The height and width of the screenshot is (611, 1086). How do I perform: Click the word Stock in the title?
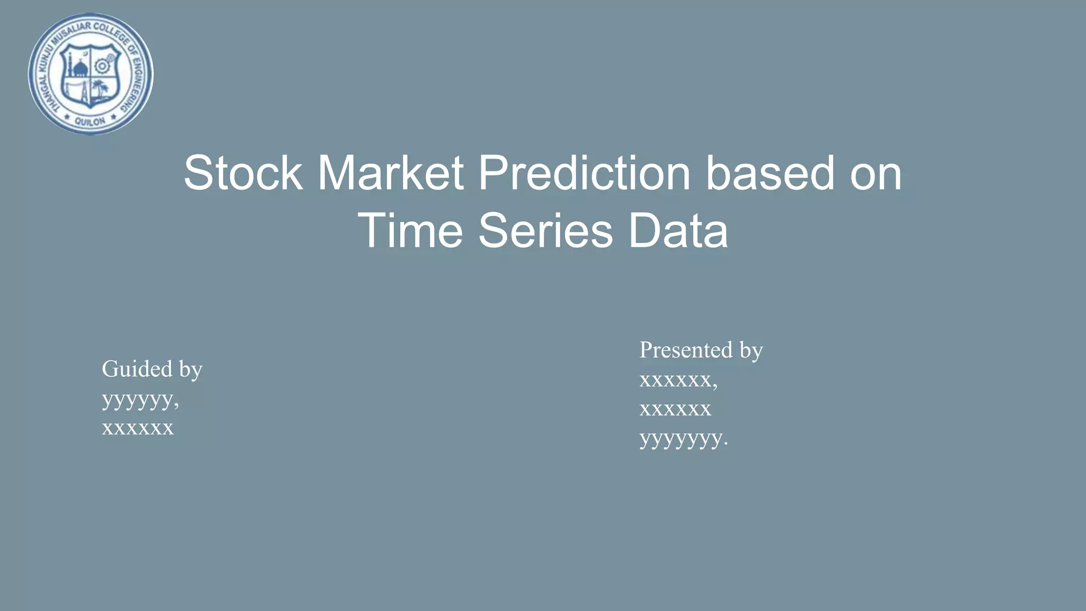click(243, 173)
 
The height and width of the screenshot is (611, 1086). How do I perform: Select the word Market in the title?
click(391, 173)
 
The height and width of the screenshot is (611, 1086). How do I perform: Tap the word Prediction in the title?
click(584, 173)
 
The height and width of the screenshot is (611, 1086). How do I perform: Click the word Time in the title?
click(410, 231)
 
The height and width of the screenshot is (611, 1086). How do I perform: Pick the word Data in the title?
click(678, 231)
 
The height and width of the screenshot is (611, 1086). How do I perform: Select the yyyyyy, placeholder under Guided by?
click(141, 399)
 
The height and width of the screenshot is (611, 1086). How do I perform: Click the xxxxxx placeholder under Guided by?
click(138, 427)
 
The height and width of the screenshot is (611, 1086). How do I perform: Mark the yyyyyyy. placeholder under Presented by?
click(684, 439)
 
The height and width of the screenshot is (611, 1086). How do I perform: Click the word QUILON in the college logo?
click(90, 121)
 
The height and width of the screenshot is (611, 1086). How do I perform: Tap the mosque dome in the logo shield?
click(80, 67)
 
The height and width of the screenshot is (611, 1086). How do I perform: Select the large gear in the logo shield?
click(101, 66)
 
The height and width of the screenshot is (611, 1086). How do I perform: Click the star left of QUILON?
click(67, 116)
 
